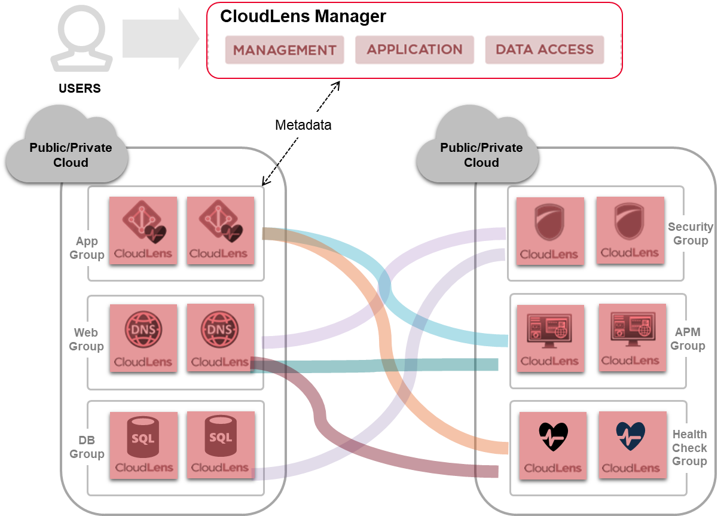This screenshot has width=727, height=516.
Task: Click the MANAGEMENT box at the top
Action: click(285, 50)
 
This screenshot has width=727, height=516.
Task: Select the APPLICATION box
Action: click(414, 50)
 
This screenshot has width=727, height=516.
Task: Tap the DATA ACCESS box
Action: click(545, 50)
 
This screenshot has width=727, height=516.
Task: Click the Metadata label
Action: click(303, 125)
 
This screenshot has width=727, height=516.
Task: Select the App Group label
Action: click(86, 248)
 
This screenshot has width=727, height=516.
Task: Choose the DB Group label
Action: click(86, 447)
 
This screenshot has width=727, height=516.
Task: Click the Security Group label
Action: click(691, 234)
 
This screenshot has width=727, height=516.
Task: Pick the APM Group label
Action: click(688, 339)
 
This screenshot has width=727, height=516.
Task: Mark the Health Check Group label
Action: click(689, 448)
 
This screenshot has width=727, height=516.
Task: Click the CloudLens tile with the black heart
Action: click(553, 445)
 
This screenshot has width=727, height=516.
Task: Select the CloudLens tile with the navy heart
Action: click(631, 445)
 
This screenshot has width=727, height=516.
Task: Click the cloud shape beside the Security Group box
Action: click(478, 146)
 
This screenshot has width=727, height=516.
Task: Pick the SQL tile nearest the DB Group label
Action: click(143, 445)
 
